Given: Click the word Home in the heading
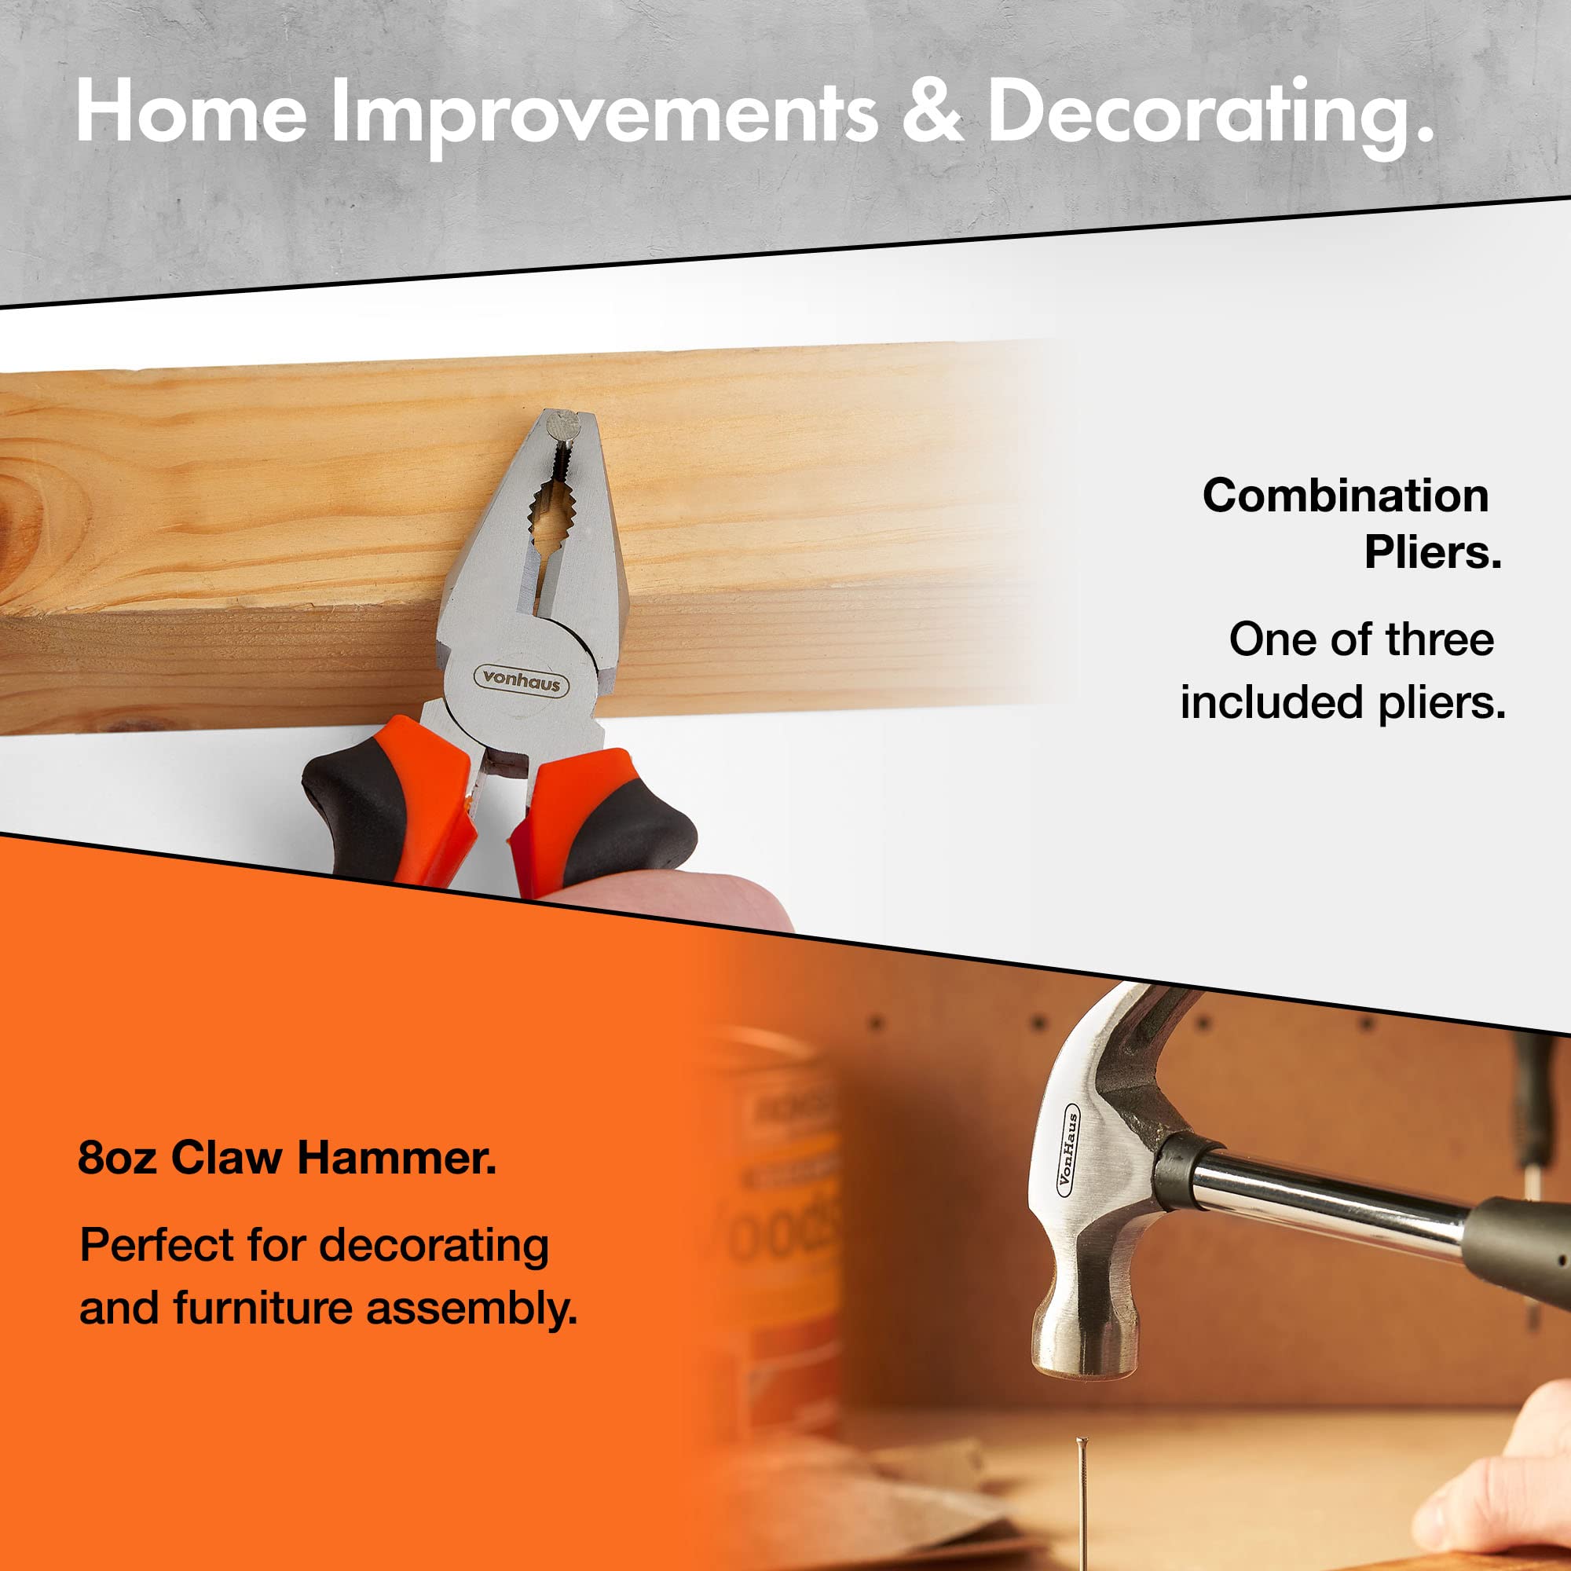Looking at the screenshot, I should (x=191, y=112).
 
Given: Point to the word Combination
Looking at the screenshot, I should (x=1345, y=495).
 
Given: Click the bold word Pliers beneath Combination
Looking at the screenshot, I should (x=1432, y=553).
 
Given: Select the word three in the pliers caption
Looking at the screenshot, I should (x=1439, y=639).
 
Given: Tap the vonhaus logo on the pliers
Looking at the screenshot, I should (x=522, y=679).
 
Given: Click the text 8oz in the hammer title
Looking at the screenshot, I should (x=116, y=1157).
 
